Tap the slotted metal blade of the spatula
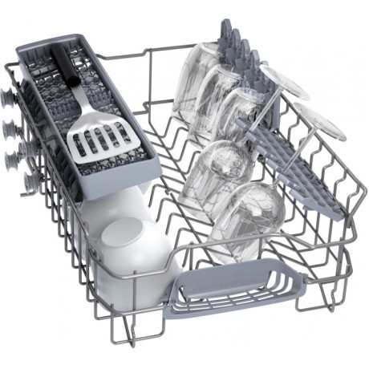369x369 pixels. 95,137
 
